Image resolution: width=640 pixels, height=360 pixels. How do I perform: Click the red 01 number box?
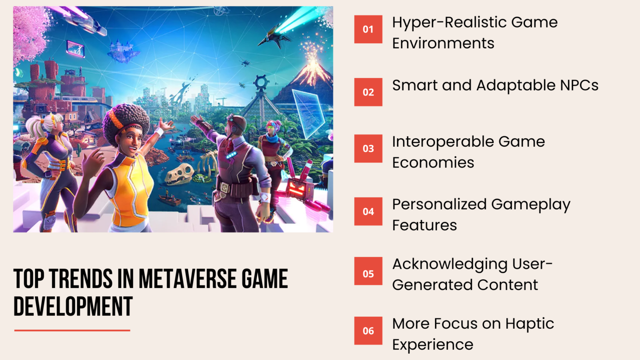point(368,29)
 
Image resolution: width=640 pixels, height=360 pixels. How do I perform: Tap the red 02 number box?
point(368,92)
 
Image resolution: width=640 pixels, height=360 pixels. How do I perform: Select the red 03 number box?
point(368,148)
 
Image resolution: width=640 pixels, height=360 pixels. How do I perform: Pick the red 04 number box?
point(368,211)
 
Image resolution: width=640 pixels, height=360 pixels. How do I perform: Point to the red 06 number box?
point(368,331)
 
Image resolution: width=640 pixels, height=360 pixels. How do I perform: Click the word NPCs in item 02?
point(579,85)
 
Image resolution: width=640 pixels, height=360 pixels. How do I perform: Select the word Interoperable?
point(442,142)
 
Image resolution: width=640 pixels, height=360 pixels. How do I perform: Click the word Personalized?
point(439,205)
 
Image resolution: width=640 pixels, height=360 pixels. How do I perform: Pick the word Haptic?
point(530,324)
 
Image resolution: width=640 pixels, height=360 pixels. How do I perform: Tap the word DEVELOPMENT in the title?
point(73,307)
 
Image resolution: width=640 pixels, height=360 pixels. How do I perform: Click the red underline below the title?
point(72,330)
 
